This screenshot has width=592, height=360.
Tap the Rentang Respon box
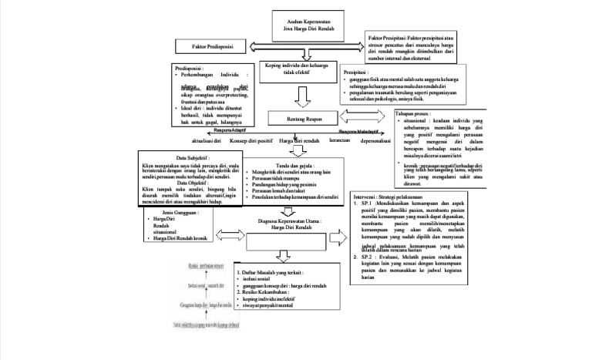point(301,118)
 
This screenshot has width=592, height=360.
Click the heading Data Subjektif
point(193,157)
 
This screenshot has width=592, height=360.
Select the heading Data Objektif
point(193,182)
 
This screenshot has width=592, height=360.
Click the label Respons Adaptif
point(217,131)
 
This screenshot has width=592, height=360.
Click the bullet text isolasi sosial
point(260,279)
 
